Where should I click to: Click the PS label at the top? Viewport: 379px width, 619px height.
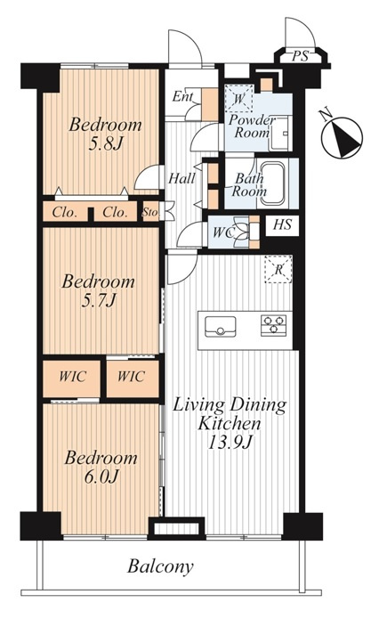300,56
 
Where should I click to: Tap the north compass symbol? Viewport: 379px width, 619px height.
342,137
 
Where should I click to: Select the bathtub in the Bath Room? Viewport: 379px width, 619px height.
272,183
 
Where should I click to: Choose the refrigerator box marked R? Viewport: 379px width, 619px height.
278,269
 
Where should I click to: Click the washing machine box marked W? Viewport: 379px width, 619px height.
238,98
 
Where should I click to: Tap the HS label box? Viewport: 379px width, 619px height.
282,225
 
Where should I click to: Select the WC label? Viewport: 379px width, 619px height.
222,232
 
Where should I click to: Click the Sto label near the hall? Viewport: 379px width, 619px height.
149,212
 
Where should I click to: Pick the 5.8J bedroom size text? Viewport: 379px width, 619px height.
105,144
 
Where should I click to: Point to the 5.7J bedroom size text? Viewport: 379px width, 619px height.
99,302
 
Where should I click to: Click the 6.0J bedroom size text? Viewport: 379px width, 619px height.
101,477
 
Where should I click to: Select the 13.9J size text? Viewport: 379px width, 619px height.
230,443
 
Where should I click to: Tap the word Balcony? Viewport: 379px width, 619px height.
160,566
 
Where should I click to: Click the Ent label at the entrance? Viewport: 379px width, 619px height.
182,97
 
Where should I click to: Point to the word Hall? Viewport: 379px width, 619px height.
181,179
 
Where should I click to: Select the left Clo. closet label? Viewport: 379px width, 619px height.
65,213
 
